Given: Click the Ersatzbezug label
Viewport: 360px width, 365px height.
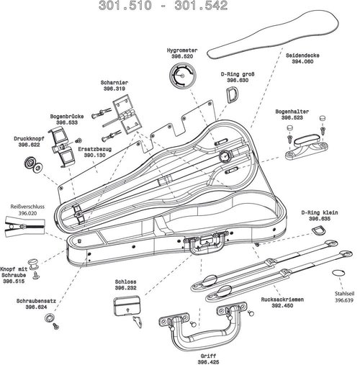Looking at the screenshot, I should tap(94, 149).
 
